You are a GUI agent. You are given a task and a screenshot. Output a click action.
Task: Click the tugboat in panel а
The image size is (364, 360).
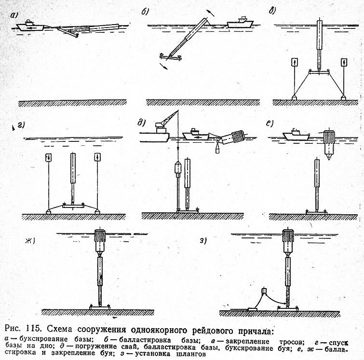coord(30,26)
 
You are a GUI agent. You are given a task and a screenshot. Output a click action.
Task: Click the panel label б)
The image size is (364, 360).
coord(145,12)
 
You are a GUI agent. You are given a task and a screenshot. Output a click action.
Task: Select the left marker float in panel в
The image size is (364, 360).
coord(295,63)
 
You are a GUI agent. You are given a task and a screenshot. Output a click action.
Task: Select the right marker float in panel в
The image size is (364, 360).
coord(344,63)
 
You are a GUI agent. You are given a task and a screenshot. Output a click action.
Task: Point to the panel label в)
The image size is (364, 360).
coord(272,11)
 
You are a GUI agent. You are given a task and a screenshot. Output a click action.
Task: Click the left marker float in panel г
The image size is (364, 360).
coord(49,158)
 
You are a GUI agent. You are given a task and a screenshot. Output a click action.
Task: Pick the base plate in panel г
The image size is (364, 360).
coord(73,206)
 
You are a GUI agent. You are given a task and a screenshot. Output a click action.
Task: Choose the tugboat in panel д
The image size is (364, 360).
coord(195,134)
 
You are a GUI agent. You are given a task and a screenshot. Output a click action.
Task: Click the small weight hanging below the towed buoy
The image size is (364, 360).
coord(218,149)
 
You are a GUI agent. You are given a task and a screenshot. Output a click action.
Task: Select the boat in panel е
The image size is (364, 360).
coord(296,135)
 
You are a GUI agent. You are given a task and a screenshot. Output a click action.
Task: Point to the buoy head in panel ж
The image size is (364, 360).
coord(100,242)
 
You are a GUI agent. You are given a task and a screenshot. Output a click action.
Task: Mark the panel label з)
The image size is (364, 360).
coord(203,241)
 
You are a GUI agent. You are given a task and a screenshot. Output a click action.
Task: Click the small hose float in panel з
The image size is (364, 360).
coord(264,291)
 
